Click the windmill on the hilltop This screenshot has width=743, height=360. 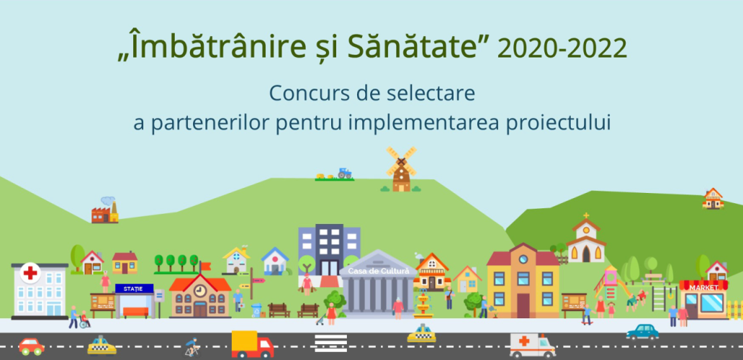[x=401, y=169]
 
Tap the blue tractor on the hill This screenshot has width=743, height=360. [x=344, y=173]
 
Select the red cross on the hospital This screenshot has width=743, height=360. [x=30, y=273]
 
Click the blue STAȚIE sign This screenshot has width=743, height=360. [x=135, y=289]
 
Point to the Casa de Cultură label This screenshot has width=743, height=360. [x=378, y=271]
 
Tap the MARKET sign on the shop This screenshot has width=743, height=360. [x=703, y=287]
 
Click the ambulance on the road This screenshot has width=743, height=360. [x=532, y=346]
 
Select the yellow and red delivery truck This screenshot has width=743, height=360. [x=252, y=344]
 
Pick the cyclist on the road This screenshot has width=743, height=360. [x=192, y=347]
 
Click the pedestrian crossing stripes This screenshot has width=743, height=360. [x=330, y=343]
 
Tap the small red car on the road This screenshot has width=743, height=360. [x=32, y=346]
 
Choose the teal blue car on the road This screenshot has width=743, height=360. [x=642, y=332]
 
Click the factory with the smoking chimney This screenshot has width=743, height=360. [x=104, y=210]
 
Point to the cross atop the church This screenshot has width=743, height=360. [x=586, y=215]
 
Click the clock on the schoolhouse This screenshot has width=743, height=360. [x=200, y=290]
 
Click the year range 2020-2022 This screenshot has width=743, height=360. [x=562, y=49]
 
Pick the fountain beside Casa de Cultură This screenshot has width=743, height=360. [x=423, y=304]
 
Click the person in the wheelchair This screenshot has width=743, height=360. [x=84, y=320]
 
